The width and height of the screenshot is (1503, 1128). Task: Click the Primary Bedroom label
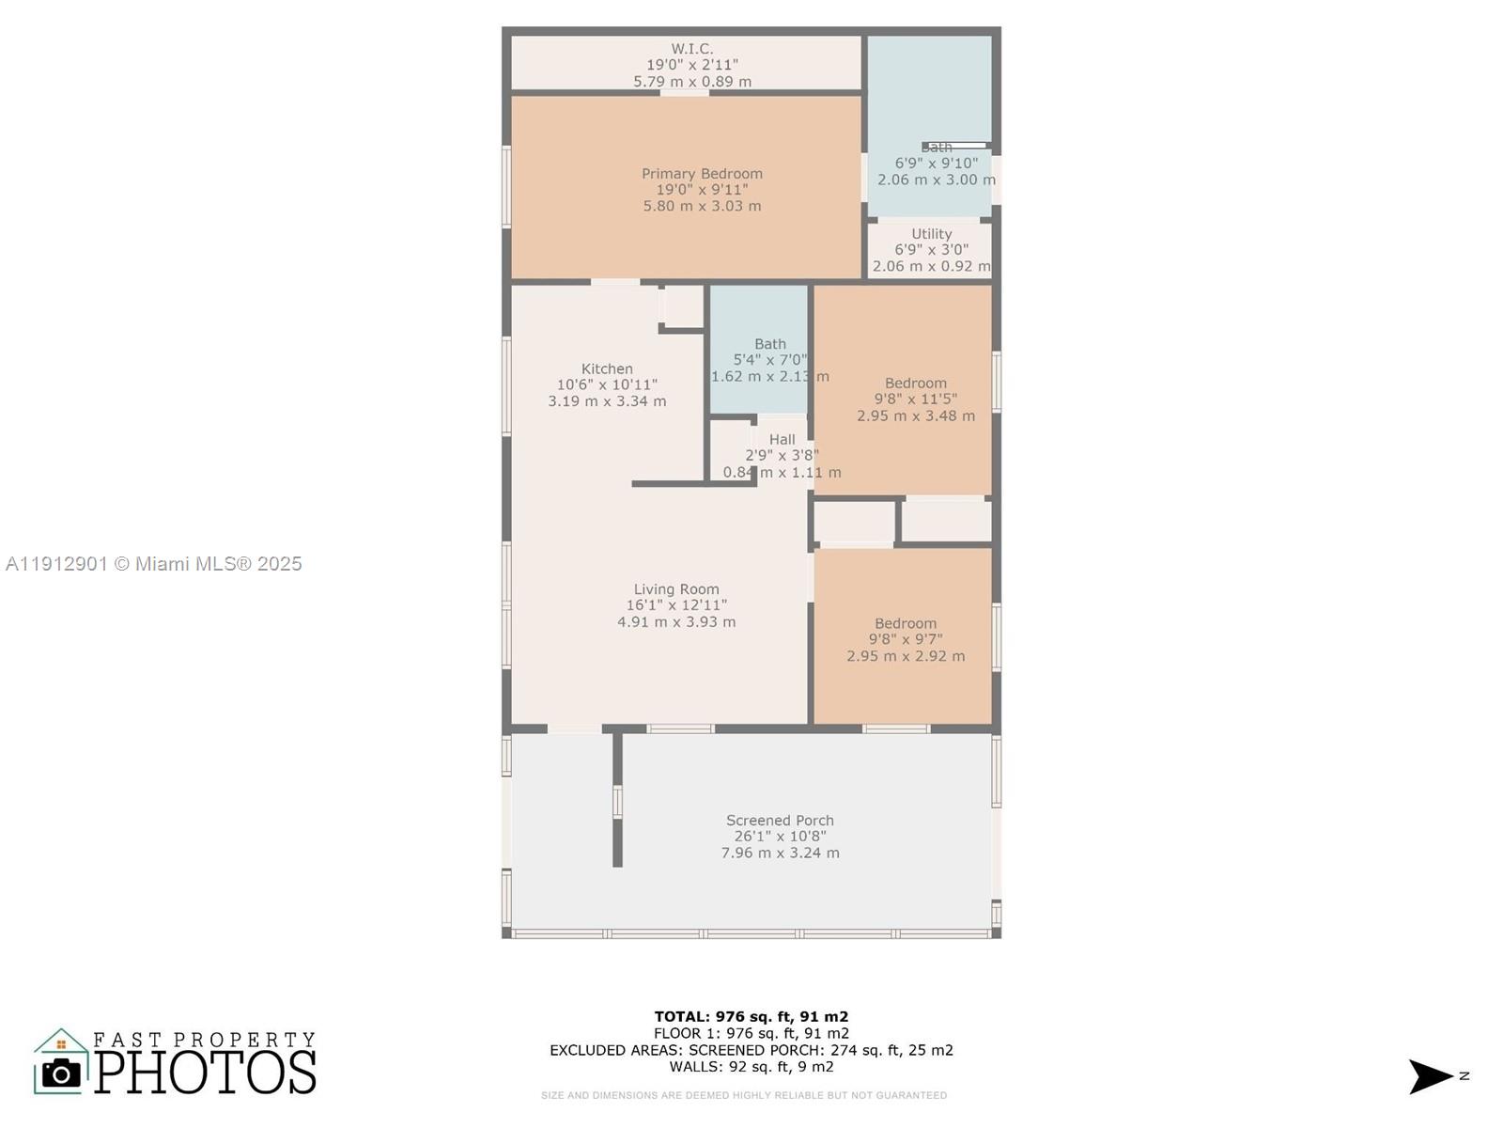[x=702, y=174]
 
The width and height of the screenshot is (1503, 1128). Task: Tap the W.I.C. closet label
[x=691, y=49]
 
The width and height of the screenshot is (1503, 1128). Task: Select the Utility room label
[x=931, y=234]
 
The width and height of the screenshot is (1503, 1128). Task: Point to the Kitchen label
[x=607, y=369]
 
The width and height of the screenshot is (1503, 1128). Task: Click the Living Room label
[x=675, y=589]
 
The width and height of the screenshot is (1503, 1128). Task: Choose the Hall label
[x=782, y=439]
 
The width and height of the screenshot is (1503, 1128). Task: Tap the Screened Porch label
[x=780, y=821]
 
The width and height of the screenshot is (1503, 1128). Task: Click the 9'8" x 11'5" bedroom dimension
[x=915, y=399]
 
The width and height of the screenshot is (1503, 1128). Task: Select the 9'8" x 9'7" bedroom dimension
[x=905, y=639]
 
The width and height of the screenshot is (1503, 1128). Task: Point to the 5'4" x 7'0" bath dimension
[x=769, y=360]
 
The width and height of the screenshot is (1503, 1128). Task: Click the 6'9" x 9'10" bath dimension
[x=936, y=164]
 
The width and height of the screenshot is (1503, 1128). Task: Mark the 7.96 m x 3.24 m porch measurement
[x=780, y=854]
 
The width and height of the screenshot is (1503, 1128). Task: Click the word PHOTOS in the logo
[x=205, y=1073]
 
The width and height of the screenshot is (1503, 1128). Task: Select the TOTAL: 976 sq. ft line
[x=751, y=1016]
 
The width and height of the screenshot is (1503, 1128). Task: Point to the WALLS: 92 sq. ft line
[x=751, y=1067]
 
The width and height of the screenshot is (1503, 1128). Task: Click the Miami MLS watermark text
[x=154, y=564]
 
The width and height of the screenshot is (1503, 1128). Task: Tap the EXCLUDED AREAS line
[x=751, y=1050]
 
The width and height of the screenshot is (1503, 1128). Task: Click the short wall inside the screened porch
[x=617, y=799]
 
